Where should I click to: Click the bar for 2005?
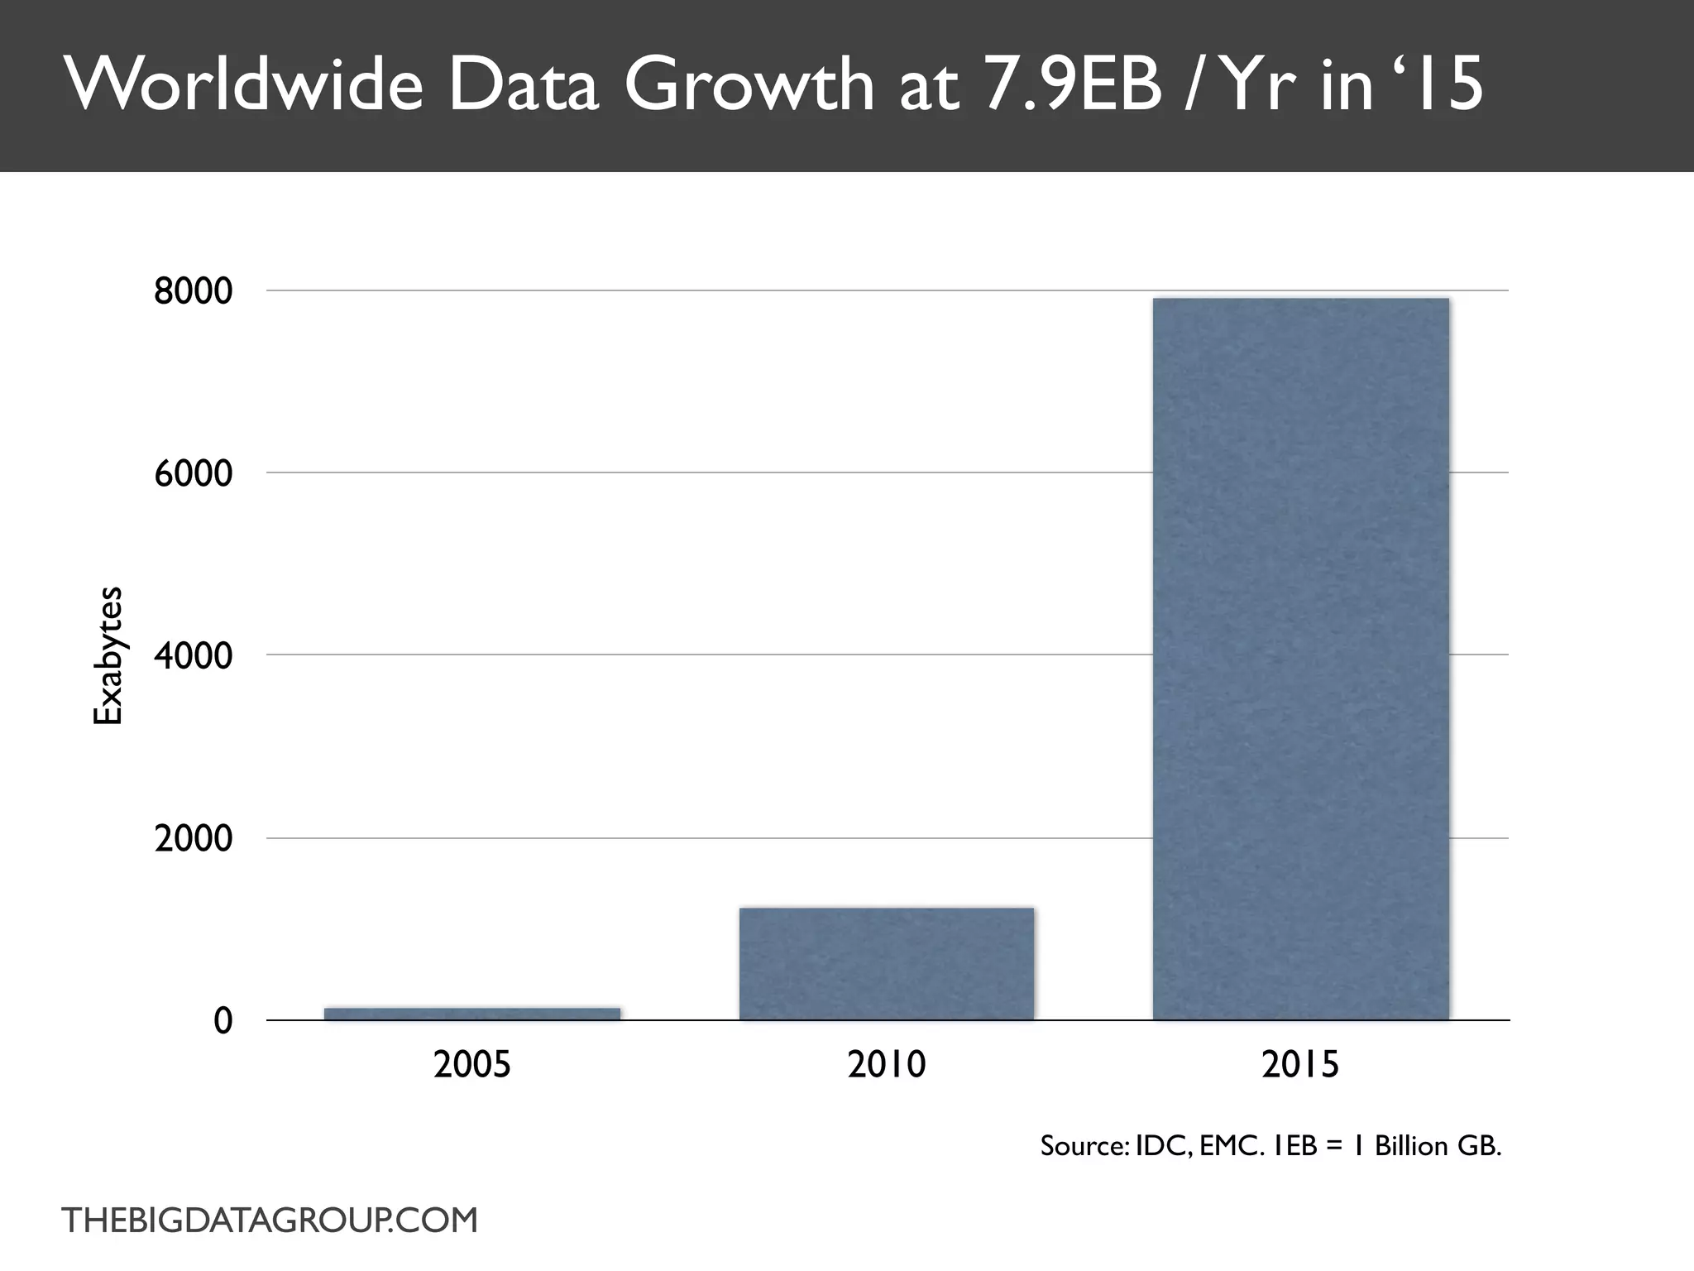472,1014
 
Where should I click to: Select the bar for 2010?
887,964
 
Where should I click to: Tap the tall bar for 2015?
1300,659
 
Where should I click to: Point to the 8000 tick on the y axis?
194,291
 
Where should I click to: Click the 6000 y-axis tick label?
194,474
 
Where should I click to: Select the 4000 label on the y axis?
194,656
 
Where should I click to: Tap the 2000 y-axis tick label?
194,839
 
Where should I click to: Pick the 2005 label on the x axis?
472,1064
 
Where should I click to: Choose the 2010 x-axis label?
887,1064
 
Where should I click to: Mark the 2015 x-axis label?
1300,1064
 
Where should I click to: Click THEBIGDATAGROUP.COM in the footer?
270,1221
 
